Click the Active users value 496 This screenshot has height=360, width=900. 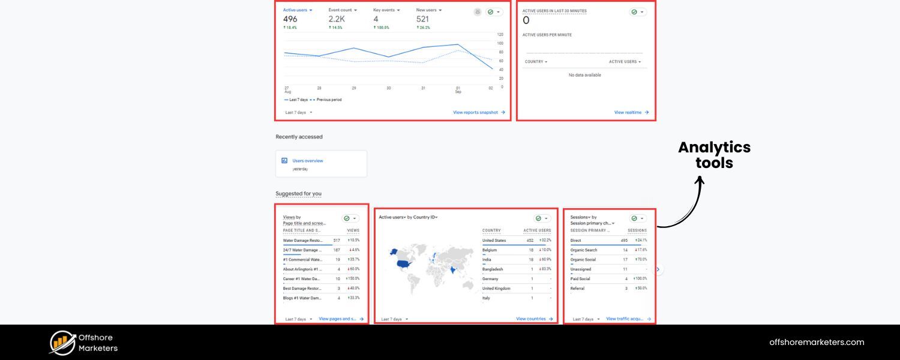click(x=290, y=19)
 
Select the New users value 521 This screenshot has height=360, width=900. click(x=423, y=19)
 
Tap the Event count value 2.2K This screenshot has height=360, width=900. click(x=337, y=19)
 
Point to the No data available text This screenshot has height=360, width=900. click(x=584, y=75)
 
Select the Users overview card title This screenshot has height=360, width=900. click(x=308, y=161)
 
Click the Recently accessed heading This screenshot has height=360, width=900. click(x=299, y=137)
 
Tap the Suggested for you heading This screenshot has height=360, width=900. click(x=299, y=194)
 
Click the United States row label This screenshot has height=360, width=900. click(x=494, y=241)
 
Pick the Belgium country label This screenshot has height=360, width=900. click(x=490, y=250)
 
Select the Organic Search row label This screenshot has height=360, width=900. click(x=584, y=250)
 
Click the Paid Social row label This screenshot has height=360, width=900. click(x=580, y=279)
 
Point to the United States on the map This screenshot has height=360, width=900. click(x=403, y=263)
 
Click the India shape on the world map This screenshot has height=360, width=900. click(x=452, y=270)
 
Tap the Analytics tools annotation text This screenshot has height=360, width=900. click(x=714, y=155)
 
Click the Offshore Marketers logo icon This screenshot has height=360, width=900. click(x=62, y=343)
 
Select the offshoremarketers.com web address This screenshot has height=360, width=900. click(x=817, y=343)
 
